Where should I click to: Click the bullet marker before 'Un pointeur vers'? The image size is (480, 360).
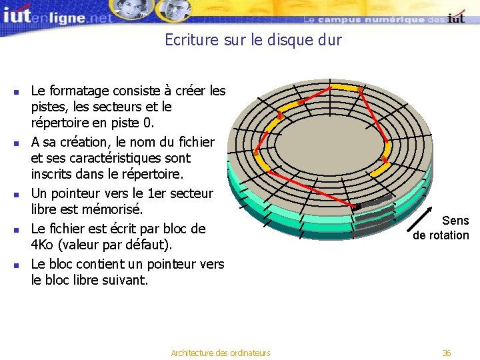16,195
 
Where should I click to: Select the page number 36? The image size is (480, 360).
447,353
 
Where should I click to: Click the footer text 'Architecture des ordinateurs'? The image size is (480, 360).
221,353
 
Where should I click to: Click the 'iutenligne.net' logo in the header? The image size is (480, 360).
57,16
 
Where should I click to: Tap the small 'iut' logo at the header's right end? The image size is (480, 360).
457,18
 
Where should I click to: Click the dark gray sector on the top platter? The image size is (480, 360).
375,203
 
